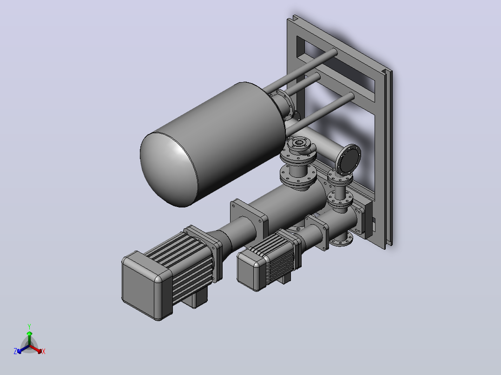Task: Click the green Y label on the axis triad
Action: coord(29,326)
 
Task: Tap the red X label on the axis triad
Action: coord(44,351)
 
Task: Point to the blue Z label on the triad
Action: coord(15,351)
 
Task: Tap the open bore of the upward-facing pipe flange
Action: coord(299,142)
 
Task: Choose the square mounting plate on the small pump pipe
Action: coord(316,232)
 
